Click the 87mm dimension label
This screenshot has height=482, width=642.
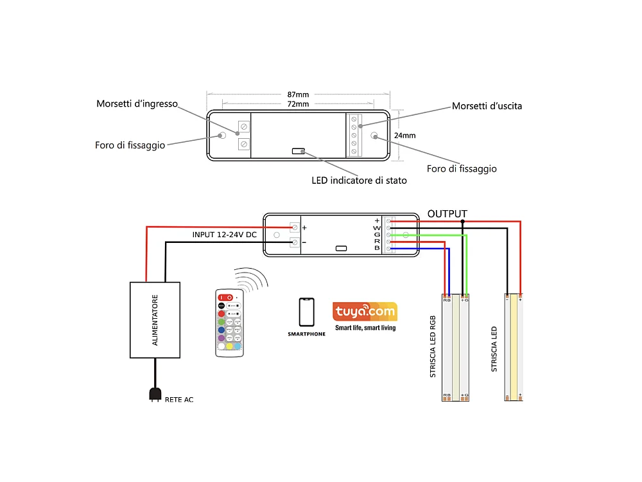[298, 95]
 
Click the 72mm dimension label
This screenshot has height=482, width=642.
[298, 104]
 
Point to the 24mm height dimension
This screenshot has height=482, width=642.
[405, 136]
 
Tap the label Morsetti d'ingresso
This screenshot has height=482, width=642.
[137, 103]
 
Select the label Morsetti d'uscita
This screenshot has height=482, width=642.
[487, 105]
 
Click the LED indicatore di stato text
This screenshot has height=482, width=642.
[359, 181]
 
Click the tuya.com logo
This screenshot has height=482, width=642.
[365, 312]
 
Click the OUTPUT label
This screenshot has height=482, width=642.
[447, 213]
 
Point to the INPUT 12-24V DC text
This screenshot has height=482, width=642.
[225, 235]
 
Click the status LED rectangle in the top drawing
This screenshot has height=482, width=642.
[299, 151]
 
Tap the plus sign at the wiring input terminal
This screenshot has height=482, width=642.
[304, 228]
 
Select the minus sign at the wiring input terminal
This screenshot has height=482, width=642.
[304, 242]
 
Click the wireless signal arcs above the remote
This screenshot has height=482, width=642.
[251, 280]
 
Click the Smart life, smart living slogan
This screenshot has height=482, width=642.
[365, 328]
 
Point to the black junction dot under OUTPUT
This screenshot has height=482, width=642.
[462, 221]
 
